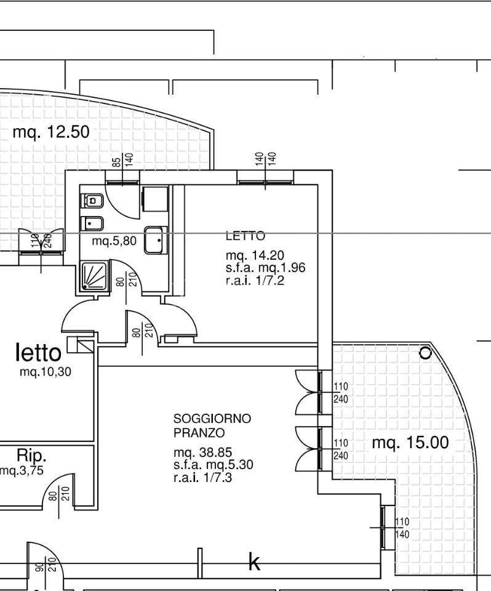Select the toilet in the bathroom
pyautogui.click(x=92, y=200)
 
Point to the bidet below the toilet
pyautogui.click(x=92, y=223)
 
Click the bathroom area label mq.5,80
pyautogui.click(x=114, y=241)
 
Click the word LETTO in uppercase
pyautogui.click(x=245, y=236)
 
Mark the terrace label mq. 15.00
pyautogui.click(x=410, y=443)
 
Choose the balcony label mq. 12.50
pyautogui.click(x=51, y=132)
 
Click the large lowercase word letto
pyautogui.click(x=39, y=353)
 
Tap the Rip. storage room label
pyautogui.click(x=31, y=456)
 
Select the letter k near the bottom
pyautogui.click(x=254, y=562)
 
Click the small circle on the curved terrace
pyautogui.click(x=425, y=353)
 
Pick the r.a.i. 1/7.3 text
pyautogui.click(x=202, y=476)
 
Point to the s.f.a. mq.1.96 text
pyautogui.click(x=265, y=268)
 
